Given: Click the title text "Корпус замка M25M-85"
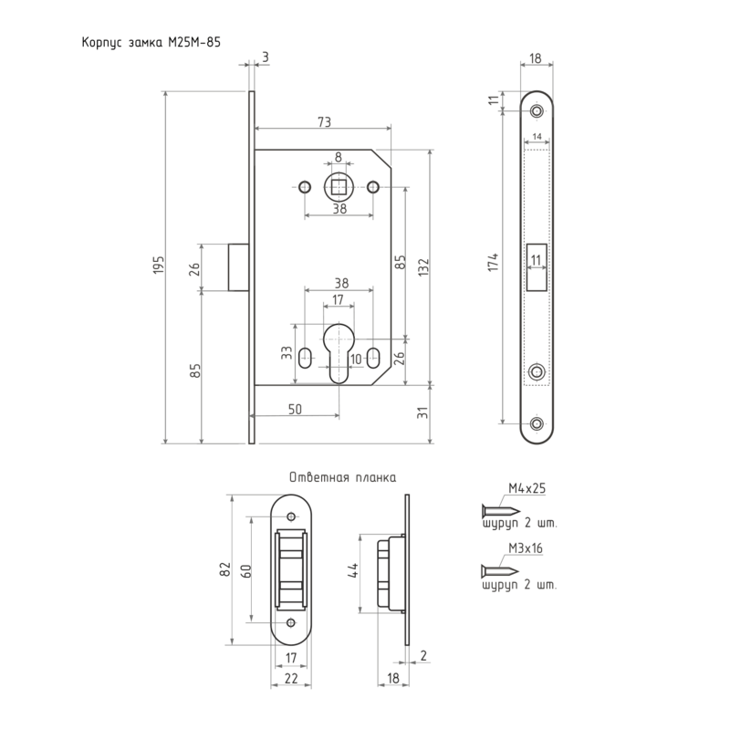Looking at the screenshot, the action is pyautogui.click(x=151, y=42).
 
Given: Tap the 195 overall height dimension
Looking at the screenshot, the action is pyautogui.click(x=159, y=264).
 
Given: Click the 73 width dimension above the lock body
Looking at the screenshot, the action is pyautogui.click(x=325, y=121).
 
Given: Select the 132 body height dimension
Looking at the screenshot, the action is pyautogui.click(x=423, y=267).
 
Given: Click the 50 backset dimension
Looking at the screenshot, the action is pyautogui.click(x=295, y=409).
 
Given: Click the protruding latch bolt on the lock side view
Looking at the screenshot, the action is pyautogui.click(x=238, y=267).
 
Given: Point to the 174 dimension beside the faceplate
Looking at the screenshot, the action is pyautogui.click(x=494, y=262).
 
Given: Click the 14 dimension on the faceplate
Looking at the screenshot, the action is pyautogui.click(x=537, y=136).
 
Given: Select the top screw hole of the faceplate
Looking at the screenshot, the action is pyautogui.click(x=537, y=111).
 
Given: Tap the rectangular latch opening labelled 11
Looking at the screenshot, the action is pyautogui.click(x=537, y=267).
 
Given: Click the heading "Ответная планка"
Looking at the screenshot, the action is pyautogui.click(x=343, y=477).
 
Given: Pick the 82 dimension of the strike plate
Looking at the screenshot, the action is pyautogui.click(x=225, y=568).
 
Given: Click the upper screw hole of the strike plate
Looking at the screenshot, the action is pyautogui.click(x=291, y=516).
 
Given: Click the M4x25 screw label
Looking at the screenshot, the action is pyautogui.click(x=527, y=488).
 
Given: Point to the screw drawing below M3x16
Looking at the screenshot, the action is pyautogui.click(x=499, y=569).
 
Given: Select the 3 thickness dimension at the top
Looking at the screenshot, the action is pyautogui.click(x=266, y=57).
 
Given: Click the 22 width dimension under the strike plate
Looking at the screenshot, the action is pyautogui.click(x=291, y=678).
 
